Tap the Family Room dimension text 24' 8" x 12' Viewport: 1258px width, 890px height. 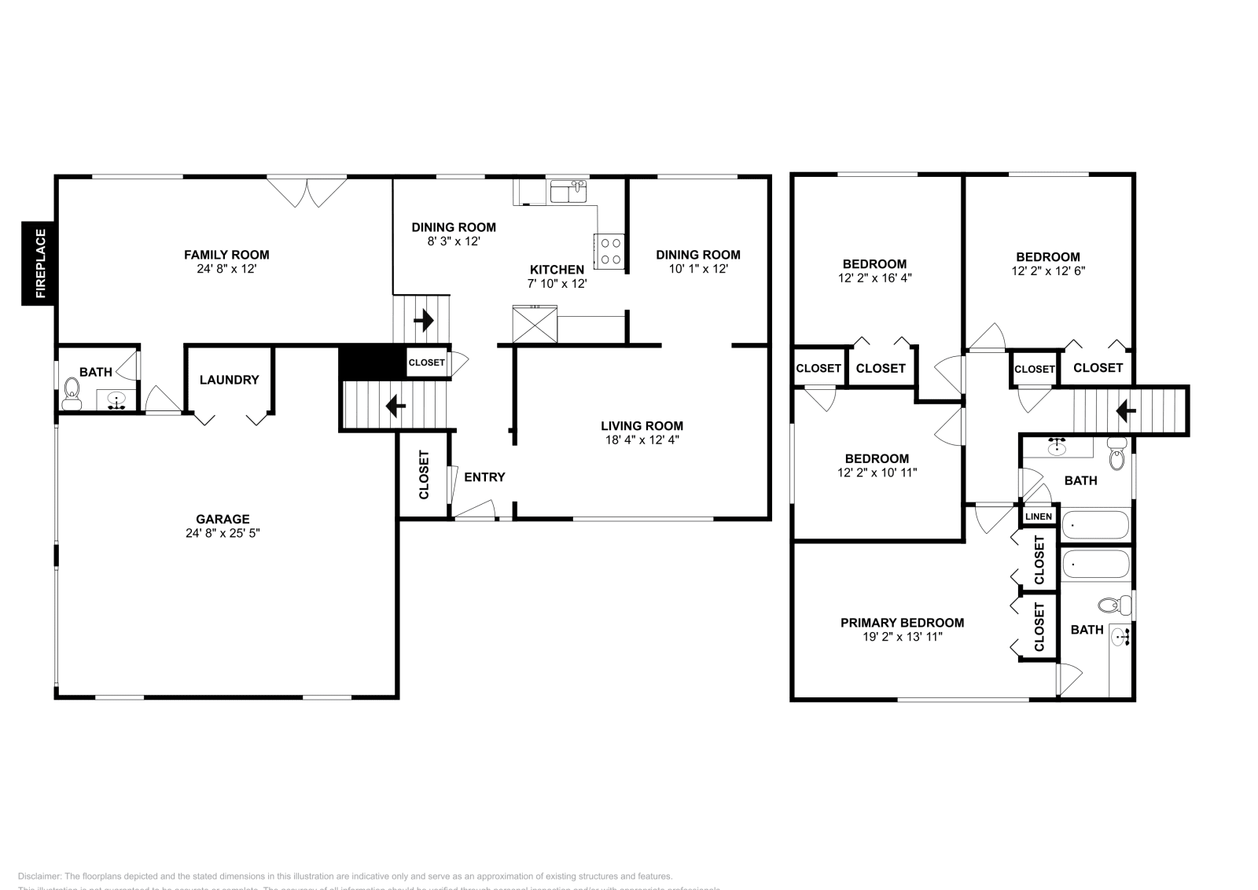coord(226,269)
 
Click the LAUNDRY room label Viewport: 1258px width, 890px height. coord(229,380)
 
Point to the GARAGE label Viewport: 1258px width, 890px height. coord(223,519)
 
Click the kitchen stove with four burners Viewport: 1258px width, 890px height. coord(610,251)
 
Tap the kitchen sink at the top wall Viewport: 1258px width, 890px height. coord(569,191)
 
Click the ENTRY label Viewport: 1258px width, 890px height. coord(484,477)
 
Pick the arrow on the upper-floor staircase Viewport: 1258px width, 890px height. coord(1126,410)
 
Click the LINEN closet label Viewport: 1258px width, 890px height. coord(1039,517)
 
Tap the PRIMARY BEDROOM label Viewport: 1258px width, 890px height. coord(902,623)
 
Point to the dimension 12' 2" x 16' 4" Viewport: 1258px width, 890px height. coord(874,278)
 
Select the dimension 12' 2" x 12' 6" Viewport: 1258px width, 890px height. coord(1047,270)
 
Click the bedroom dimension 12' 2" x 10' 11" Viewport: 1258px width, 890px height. coord(877,473)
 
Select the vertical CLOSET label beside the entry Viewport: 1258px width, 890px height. coord(424,475)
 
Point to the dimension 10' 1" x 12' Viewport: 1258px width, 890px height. coord(697,268)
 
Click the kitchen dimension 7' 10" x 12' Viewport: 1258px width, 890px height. coord(557,283)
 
